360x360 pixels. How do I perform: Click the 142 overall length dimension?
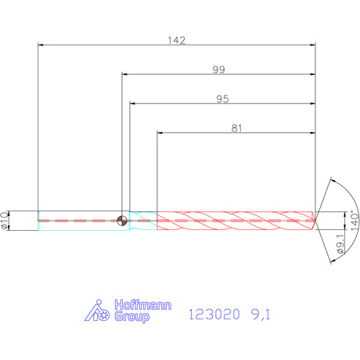[x=177, y=41]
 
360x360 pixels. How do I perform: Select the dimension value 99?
[x=218, y=70]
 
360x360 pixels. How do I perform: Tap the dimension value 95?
[x=222, y=99]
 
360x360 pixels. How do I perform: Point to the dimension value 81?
[x=236, y=128]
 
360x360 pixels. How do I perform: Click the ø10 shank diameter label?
[x=5, y=221]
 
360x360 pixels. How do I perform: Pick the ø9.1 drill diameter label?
[x=340, y=243]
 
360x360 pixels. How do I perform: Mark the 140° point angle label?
[x=355, y=221]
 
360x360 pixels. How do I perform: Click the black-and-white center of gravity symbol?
[x=122, y=221]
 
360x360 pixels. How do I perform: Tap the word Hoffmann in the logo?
[x=143, y=305]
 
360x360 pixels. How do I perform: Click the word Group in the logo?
[x=132, y=317]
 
